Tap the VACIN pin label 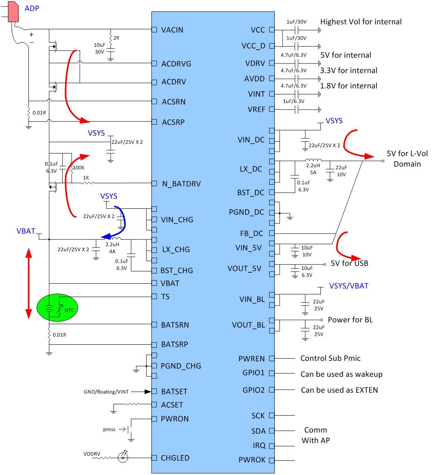172,30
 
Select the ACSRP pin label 174,122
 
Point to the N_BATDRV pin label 181,184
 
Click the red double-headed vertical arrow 28,284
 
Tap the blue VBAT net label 26,231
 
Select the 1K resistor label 86,178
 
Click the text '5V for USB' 349,263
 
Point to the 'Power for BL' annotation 350,320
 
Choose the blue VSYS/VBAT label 348,286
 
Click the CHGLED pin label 175,458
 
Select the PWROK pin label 252,460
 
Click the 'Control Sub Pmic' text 330,359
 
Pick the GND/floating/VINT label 105,392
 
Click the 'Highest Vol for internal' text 361,22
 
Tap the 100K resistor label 78,167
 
